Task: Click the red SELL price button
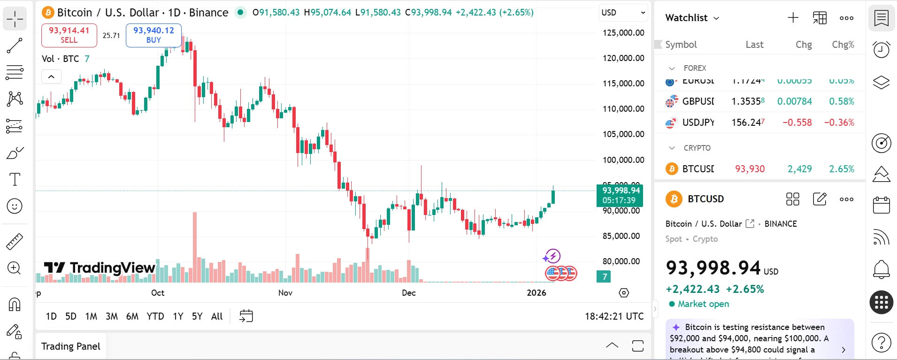69,35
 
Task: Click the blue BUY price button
153,35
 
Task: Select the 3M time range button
112,316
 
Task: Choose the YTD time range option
155,316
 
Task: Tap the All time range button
216,316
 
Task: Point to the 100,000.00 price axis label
623,160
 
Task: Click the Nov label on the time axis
285,293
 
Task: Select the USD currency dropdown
623,13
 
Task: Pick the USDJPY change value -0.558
797,123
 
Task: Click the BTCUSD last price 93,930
750,169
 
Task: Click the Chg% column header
843,45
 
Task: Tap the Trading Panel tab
71,346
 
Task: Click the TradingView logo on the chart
100,268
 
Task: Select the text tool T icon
15,179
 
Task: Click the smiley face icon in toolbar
15,206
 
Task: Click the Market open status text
703,304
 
